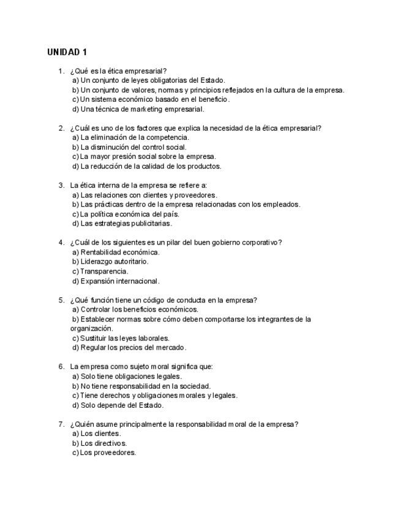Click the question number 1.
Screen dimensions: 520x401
(x=61, y=71)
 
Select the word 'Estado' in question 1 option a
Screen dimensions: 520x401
(x=212, y=80)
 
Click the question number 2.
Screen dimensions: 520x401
(x=61, y=128)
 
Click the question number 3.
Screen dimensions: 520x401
(x=61, y=185)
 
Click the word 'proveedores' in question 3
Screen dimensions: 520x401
(x=197, y=195)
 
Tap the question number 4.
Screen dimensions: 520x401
(x=61, y=242)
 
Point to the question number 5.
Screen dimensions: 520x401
(x=61, y=300)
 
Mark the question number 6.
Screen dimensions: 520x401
(x=61, y=367)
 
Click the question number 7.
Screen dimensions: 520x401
(x=61, y=424)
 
